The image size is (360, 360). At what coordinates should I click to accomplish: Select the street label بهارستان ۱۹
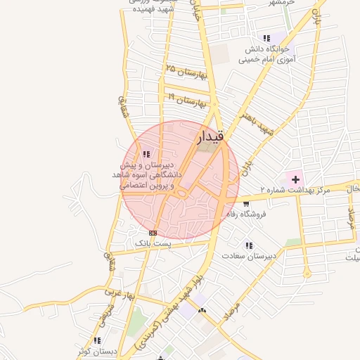pyautogui.click(x=187, y=99)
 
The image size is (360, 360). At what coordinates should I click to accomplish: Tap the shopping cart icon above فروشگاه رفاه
pyautogui.click(x=246, y=203)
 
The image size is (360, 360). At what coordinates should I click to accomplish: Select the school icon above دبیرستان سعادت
pyautogui.click(x=249, y=245)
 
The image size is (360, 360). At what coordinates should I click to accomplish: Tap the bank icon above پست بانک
pyautogui.click(x=153, y=233)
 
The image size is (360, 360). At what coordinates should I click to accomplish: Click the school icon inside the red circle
pyautogui.click(x=146, y=154)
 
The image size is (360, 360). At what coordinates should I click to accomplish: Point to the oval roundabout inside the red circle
pyautogui.click(x=181, y=192)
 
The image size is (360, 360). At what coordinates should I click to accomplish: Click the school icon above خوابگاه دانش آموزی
pyautogui.click(x=266, y=38)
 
